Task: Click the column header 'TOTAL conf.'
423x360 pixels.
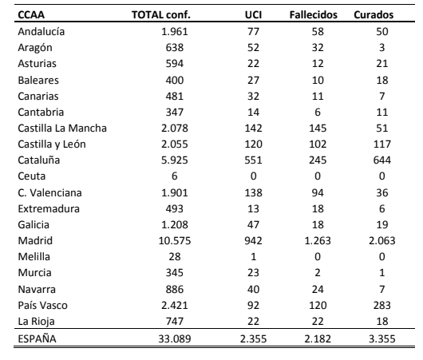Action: click(x=161, y=15)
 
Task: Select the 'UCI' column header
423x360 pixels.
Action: click(x=253, y=15)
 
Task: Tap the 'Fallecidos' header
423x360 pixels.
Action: click(x=314, y=15)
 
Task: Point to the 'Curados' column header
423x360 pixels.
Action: click(x=374, y=15)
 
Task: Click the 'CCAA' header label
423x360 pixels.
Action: click(x=31, y=15)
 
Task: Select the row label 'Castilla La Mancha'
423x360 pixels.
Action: click(x=62, y=129)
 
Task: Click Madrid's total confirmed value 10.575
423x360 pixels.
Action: click(x=175, y=241)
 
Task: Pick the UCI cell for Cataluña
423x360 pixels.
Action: click(x=253, y=160)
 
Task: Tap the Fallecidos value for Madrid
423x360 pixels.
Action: click(x=318, y=241)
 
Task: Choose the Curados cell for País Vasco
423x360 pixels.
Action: click(x=382, y=305)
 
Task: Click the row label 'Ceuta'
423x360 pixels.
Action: click(x=32, y=176)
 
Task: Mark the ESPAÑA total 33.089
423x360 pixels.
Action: click(x=175, y=338)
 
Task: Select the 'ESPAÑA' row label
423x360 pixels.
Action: click(x=37, y=338)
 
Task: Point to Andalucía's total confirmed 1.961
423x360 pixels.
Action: click(x=175, y=32)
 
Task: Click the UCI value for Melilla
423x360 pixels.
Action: click(x=253, y=257)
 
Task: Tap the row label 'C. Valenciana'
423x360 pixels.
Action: click(x=50, y=193)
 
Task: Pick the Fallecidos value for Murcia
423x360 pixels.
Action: click(x=318, y=272)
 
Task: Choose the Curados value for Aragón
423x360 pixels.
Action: click(x=382, y=48)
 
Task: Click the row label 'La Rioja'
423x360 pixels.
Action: click(x=36, y=322)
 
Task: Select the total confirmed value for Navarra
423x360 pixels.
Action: click(x=175, y=289)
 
